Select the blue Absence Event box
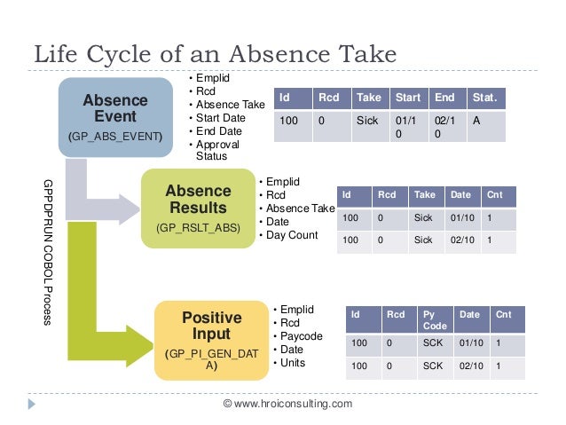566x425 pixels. point(115,115)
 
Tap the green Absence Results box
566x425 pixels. point(198,208)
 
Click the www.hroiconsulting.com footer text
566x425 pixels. point(287,404)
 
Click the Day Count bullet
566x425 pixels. point(292,234)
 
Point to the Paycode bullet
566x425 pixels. point(299,336)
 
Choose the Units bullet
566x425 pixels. point(293,362)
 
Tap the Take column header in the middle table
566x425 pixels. point(425,195)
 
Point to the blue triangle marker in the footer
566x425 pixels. point(33,403)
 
